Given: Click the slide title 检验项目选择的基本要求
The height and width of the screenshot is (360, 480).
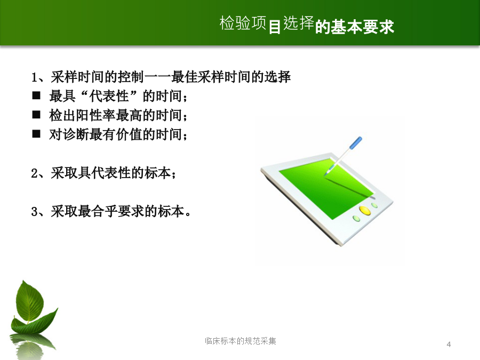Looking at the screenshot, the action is [307, 25].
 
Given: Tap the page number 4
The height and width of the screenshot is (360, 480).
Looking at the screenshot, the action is [449, 345].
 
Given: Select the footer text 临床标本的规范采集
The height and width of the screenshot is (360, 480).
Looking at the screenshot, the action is [241, 341].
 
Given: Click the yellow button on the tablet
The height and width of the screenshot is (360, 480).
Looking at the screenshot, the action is [365, 210].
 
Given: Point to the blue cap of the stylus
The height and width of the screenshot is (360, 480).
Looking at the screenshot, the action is [356, 142].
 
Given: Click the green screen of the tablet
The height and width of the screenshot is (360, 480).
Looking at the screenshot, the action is [326, 188].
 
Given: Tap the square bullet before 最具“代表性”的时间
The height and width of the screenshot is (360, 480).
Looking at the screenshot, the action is [36, 96].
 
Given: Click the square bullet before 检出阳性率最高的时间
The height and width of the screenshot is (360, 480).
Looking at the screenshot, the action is [36, 115].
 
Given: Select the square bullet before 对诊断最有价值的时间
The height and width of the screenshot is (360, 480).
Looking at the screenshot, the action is [36, 134].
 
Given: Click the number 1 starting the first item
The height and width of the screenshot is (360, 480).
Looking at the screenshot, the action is [34, 77].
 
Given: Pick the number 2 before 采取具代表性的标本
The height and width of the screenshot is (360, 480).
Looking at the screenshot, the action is [34, 173].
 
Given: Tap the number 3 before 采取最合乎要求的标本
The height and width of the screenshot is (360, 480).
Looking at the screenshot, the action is [34, 212].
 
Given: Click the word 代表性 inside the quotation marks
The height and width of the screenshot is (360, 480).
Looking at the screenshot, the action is [109, 96].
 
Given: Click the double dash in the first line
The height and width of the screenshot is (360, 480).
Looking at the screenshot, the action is [157, 77].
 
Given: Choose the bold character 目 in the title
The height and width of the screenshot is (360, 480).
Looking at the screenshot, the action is [275, 27].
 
